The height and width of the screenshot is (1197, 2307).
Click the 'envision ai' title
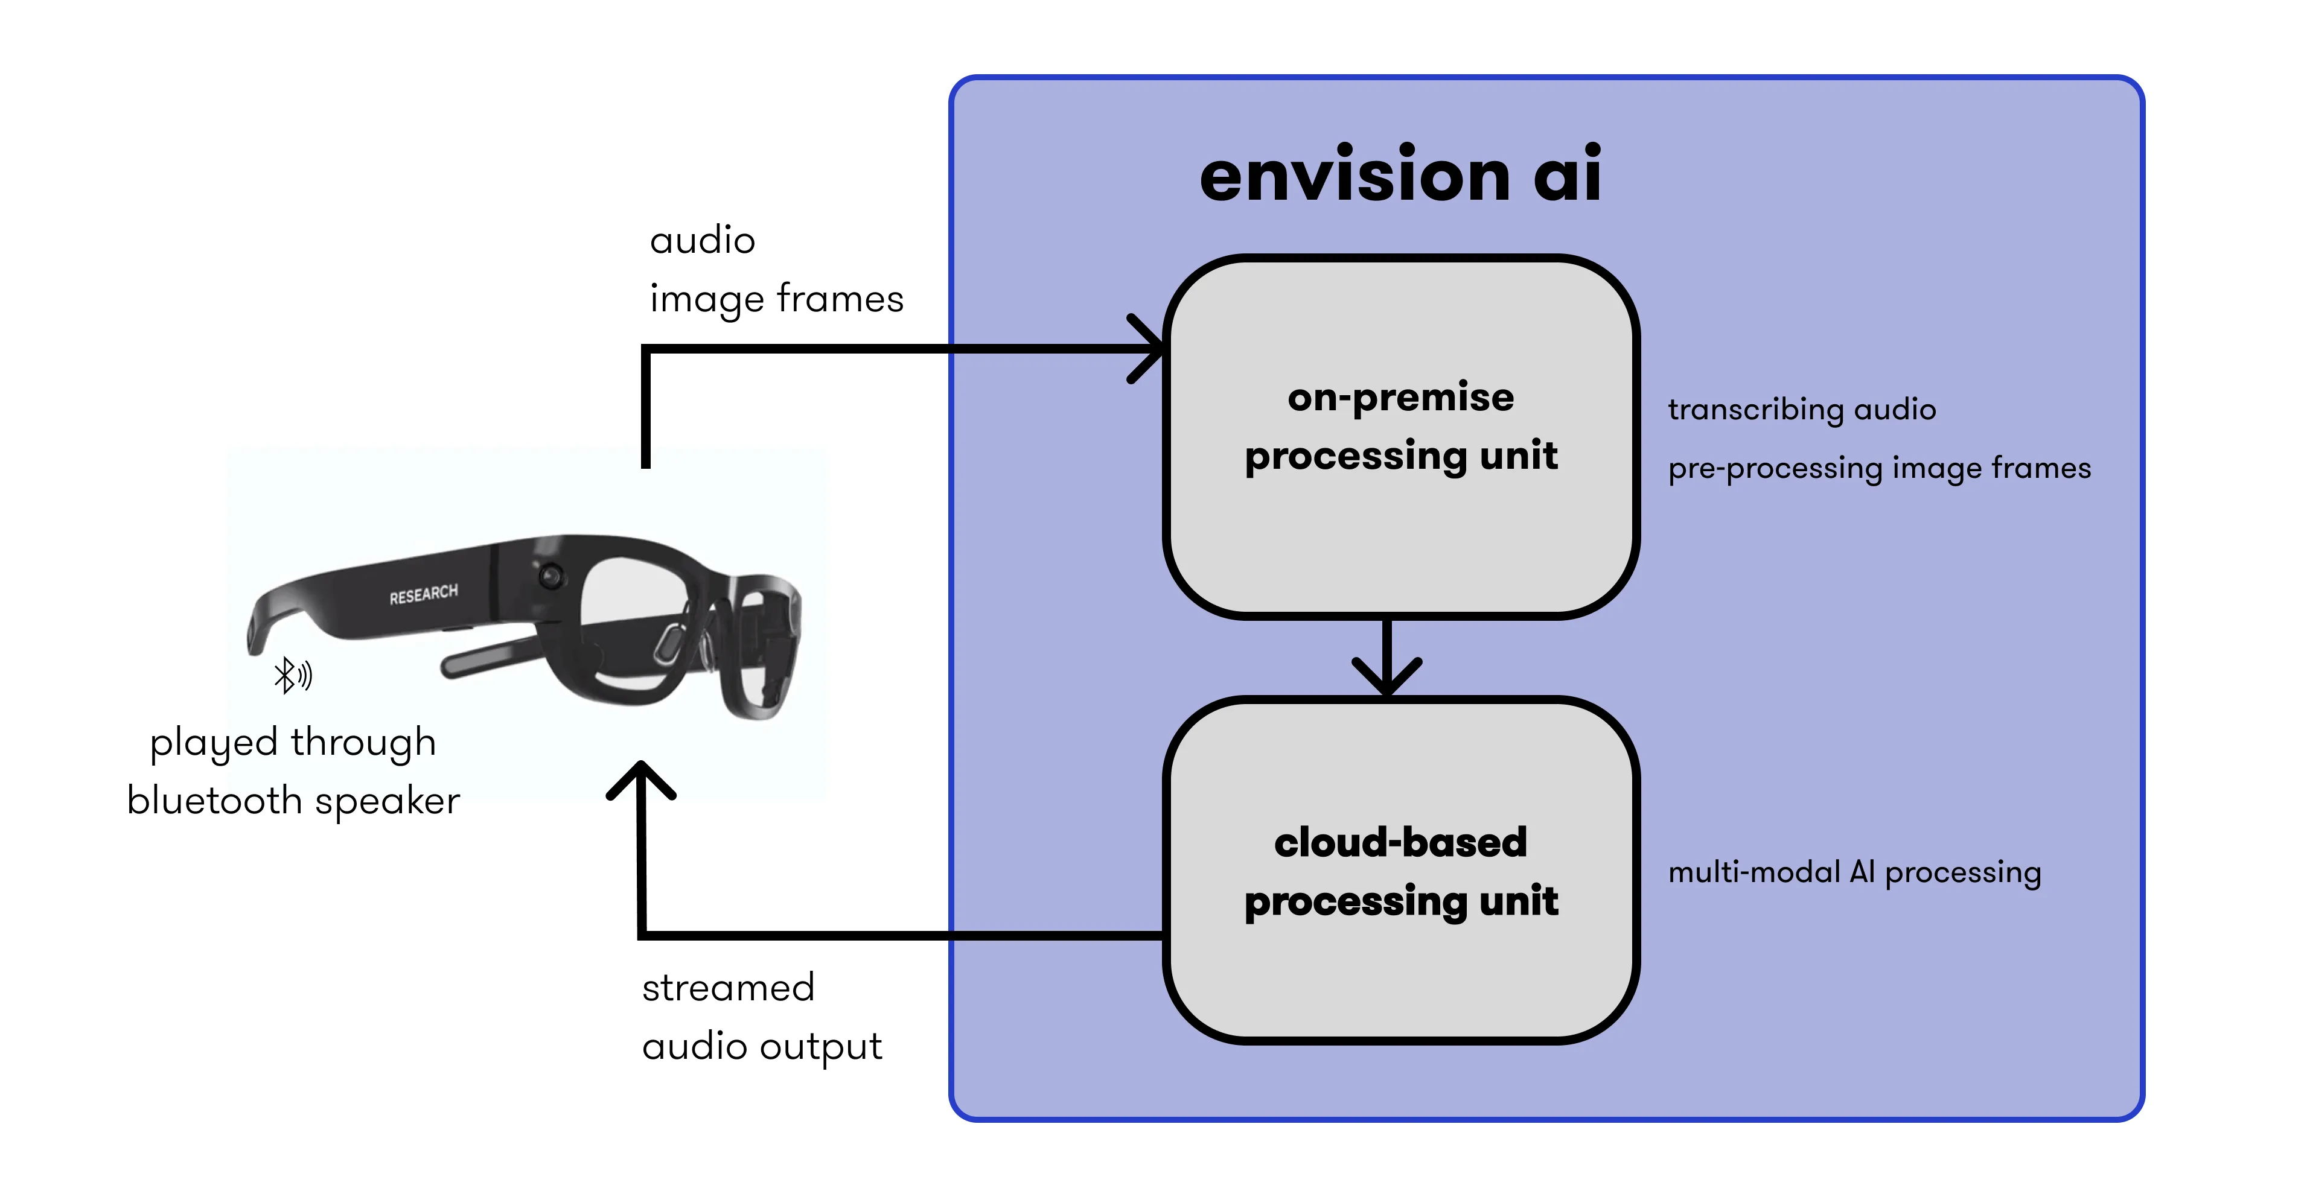1400,174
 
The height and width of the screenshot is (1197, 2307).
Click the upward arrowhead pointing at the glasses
641,779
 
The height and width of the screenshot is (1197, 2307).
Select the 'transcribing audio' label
1801,409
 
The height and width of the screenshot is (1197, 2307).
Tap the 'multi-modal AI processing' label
1854,871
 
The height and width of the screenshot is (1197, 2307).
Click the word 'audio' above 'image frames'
702,240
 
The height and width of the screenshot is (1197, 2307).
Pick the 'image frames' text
776,298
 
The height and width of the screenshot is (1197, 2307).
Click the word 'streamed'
727,988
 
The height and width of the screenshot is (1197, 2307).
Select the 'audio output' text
761,1046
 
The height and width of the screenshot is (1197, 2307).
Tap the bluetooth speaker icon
293,675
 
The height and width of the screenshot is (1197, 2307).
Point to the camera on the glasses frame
549,574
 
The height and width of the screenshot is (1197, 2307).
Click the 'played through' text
292,742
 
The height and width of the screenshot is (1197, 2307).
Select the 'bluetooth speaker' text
293,801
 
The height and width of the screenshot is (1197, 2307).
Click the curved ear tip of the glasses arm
258,627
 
